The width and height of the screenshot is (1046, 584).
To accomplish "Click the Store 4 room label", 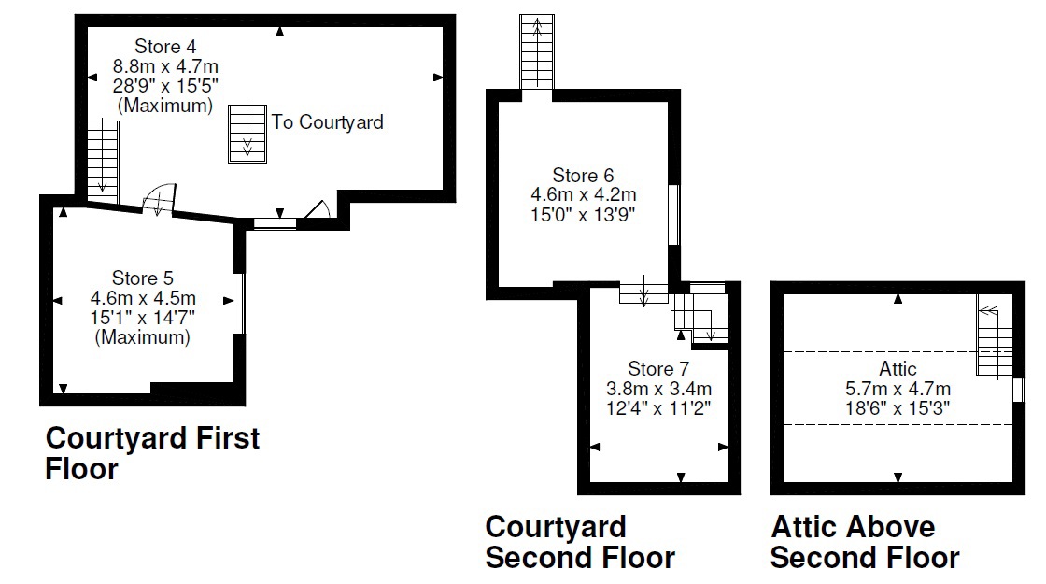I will pyautogui.click(x=165, y=46).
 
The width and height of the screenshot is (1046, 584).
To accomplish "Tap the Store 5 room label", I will pyautogui.click(x=143, y=278).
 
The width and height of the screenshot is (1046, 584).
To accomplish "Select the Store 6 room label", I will pyautogui.click(x=583, y=176).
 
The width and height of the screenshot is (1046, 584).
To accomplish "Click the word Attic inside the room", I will pyautogui.click(x=898, y=368).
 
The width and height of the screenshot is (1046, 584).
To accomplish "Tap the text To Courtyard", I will pyautogui.click(x=328, y=122).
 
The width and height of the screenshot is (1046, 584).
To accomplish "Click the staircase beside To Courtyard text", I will pyautogui.click(x=247, y=133).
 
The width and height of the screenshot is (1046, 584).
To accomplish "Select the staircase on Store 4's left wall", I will pyautogui.click(x=103, y=162).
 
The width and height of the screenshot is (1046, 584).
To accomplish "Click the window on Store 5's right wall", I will pyautogui.click(x=238, y=303).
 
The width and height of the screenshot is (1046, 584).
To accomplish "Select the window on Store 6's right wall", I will pyautogui.click(x=673, y=215).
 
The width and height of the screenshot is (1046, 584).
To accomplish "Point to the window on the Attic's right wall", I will pyautogui.click(x=1017, y=390).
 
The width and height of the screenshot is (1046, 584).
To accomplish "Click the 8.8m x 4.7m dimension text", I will pyautogui.click(x=165, y=66).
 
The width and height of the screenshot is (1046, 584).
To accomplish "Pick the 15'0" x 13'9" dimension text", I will pyautogui.click(x=583, y=214).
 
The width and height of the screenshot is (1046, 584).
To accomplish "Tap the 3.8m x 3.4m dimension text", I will pyautogui.click(x=658, y=387).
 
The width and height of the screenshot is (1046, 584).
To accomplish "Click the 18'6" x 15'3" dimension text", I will pyautogui.click(x=898, y=407).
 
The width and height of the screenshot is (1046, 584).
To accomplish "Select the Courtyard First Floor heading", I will pyautogui.click(x=152, y=453).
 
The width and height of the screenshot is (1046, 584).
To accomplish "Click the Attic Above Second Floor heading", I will pyautogui.click(x=864, y=542).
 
